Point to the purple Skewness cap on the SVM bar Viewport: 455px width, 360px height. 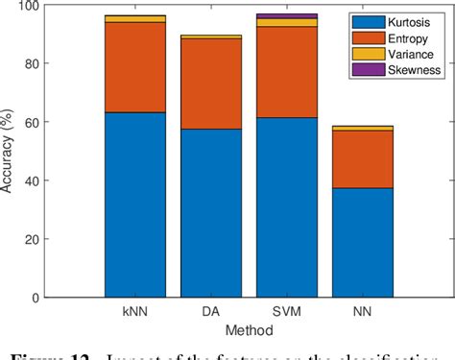coord(286,16)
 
